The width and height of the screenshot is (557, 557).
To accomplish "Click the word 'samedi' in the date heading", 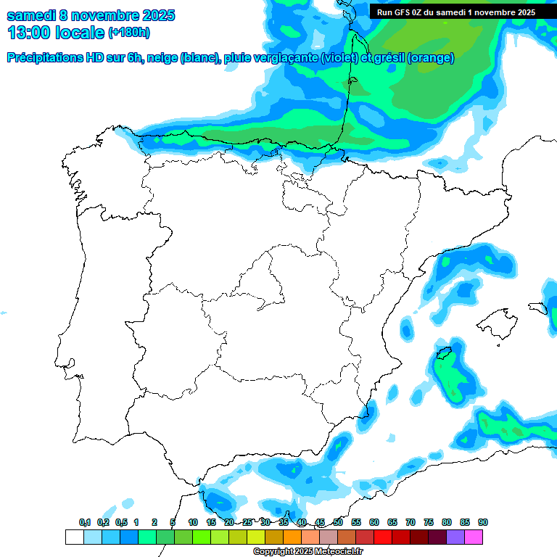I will pos(30,15).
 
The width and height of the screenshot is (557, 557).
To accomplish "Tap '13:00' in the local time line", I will pos(30,33).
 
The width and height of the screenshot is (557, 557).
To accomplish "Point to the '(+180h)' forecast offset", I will pos(128,33).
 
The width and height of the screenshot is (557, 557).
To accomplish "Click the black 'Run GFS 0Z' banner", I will pos(456,12).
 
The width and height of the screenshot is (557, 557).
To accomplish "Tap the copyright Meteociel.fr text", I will pos(308,552).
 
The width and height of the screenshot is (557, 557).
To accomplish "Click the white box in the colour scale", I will pos(74,537).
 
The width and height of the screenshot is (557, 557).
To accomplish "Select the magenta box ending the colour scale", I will pos(474,537).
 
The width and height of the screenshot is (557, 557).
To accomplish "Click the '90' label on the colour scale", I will pos(482,522).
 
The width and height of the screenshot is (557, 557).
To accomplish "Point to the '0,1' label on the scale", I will pos(84,522).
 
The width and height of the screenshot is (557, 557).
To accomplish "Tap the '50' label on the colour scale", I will pos(338,522).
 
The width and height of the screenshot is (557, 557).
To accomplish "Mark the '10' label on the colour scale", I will pos(193,522).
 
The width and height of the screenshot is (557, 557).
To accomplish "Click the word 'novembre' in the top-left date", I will pos(102,15).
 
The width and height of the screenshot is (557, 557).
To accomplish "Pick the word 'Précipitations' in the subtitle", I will pos(43,58).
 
